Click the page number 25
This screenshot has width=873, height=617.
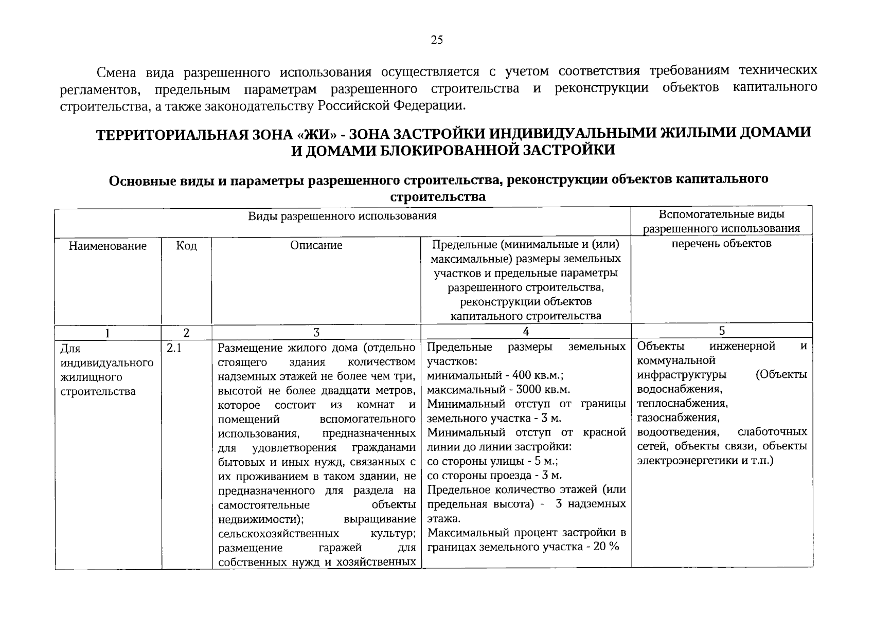[x=436, y=41]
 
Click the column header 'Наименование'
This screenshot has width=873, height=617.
[x=108, y=246]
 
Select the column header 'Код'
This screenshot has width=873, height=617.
[x=186, y=246]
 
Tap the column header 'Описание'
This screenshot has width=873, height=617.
[x=316, y=246]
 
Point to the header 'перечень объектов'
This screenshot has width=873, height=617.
[x=721, y=244]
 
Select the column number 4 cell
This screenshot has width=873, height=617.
[x=526, y=331]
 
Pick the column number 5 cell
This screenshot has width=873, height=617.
[x=722, y=331]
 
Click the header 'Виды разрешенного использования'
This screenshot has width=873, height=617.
[x=342, y=216]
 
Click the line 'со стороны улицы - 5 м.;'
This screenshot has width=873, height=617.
[x=493, y=461]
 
